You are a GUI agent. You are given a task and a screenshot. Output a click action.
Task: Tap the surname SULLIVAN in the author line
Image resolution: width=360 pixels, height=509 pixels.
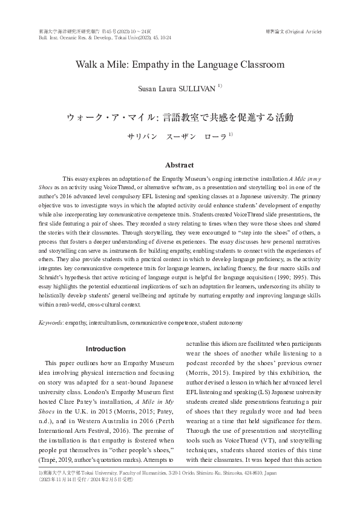(197, 88)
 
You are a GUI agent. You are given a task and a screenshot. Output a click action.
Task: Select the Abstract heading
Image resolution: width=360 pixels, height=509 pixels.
(180, 165)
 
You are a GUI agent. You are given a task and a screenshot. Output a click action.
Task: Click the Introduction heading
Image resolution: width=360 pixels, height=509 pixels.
(106, 349)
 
